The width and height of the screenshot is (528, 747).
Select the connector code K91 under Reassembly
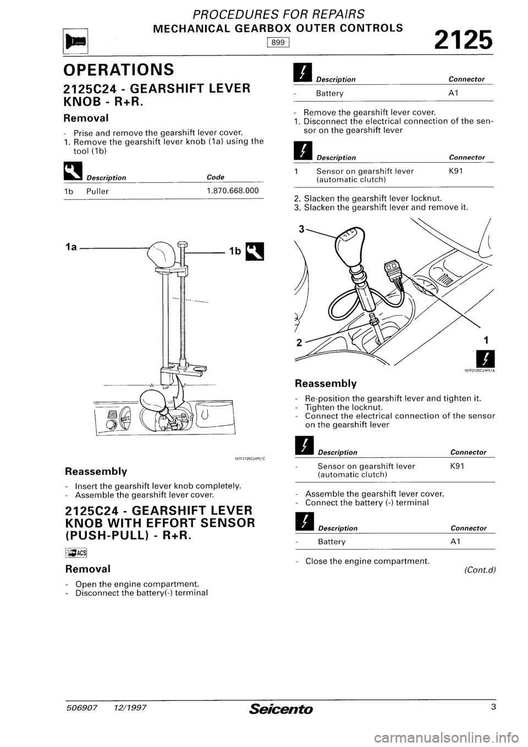click(x=459, y=465)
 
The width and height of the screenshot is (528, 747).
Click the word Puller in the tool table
click(x=97, y=191)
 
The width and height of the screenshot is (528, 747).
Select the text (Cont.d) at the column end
click(x=479, y=570)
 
